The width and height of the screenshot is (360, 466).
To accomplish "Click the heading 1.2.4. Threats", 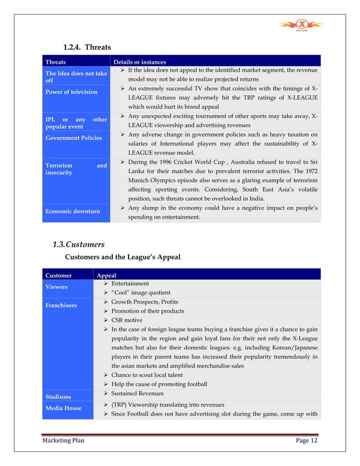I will click(86, 47).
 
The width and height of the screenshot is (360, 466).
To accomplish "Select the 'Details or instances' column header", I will click(139, 62).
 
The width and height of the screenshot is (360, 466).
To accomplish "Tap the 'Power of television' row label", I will click(71, 92).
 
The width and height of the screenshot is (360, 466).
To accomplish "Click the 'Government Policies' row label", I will click(73, 138).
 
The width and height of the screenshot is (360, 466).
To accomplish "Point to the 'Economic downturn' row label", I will click(72, 212).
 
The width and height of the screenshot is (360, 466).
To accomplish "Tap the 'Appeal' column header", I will click(107, 276).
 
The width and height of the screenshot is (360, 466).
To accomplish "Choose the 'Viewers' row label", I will click(56, 287).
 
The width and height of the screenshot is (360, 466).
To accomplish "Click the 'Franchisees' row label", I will click(61, 305).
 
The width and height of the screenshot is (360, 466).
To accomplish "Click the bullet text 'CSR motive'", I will click(126, 320).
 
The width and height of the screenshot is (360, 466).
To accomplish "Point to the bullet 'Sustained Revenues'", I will click(137, 393).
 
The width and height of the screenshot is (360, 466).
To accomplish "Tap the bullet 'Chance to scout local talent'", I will click(147, 375).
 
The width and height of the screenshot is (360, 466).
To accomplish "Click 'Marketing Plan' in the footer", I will click(64, 441).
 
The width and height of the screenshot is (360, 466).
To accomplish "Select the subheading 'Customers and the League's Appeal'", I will click(123, 257).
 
